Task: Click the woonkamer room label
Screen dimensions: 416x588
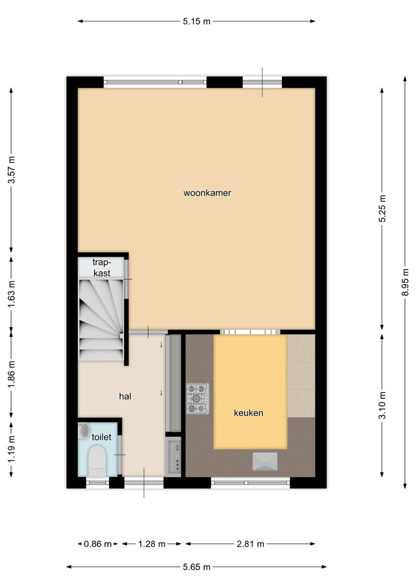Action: (x=207, y=193)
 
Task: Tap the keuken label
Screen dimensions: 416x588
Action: (x=248, y=413)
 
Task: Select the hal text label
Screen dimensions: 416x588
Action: (x=125, y=396)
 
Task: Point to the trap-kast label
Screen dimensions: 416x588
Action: (x=102, y=268)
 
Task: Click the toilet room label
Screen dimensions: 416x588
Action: (x=101, y=437)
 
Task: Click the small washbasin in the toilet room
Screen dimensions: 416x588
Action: (x=84, y=430)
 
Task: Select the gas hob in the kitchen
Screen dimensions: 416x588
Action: (x=198, y=399)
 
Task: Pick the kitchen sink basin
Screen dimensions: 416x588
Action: (x=265, y=461)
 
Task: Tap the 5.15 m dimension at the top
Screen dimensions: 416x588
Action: (x=197, y=21)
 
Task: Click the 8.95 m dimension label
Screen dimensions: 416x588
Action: (x=405, y=282)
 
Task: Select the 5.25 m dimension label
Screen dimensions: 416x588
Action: (x=382, y=208)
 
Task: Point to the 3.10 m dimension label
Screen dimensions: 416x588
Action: (x=382, y=405)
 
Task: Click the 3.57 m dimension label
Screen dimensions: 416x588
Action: (x=12, y=170)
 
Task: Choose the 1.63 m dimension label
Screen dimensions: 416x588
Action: (x=12, y=293)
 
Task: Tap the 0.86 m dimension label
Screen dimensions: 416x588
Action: (x=97, y=544)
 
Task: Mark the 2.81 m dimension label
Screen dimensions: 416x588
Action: (x=250, y=544)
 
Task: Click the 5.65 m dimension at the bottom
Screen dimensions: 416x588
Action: (x=197, y=567)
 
